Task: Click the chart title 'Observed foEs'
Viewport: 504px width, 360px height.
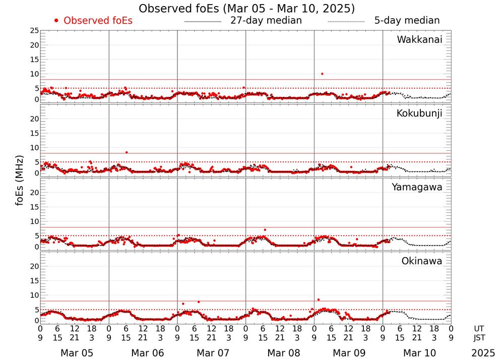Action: coord(246,9)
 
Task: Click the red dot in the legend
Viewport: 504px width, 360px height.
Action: coord(56,21)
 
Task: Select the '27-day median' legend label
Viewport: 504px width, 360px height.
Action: coord(266,21)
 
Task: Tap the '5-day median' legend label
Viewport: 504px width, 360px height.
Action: coord(407,21)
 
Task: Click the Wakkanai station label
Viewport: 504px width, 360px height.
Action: coord(419,40)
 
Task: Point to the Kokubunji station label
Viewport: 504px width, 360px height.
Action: coord(419,113)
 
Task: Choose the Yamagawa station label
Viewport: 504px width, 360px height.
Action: coord(417,187)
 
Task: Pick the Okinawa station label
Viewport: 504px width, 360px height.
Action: coord(421,261)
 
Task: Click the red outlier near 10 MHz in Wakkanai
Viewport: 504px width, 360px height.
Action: coord(322,74)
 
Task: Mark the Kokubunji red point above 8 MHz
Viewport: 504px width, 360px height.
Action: coord(127,152)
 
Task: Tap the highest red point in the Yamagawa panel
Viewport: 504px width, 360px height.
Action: coord(265,230)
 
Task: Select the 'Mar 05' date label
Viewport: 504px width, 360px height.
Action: coord(74,353)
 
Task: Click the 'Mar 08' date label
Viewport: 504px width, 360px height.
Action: coord(279,353)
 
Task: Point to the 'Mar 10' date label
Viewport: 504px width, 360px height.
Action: coord(416,353)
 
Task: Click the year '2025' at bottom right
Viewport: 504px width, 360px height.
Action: coord(483,353)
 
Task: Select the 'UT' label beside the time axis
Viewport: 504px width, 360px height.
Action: coord(479,328)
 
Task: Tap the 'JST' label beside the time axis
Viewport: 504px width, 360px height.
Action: coord(479,337)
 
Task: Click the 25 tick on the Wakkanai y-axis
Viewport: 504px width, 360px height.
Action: coord(34,31)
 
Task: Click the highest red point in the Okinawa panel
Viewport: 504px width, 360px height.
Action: coord(318,300)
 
